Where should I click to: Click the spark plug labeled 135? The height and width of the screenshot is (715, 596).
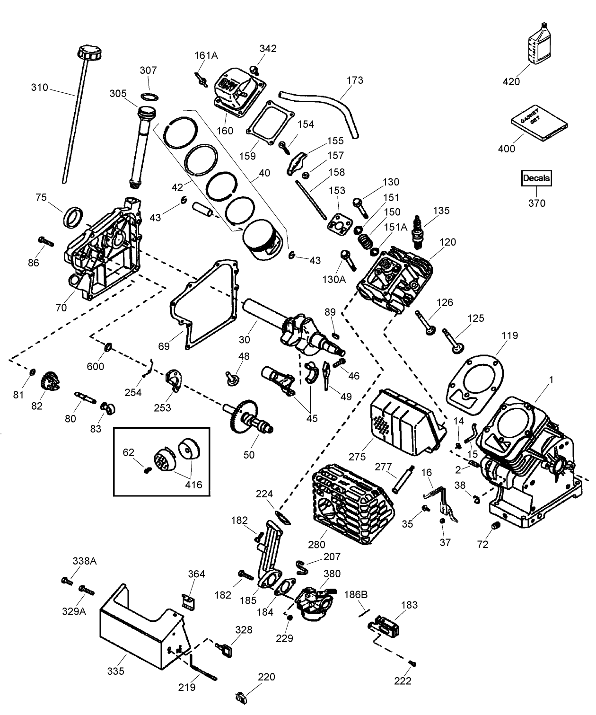tap(418, 232)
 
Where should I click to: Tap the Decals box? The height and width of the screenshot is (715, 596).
tap(536, 178)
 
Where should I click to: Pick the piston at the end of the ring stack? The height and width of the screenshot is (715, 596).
tap(261, 241)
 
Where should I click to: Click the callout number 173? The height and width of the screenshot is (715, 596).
tap(355, 80)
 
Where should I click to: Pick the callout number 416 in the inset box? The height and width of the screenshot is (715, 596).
tap(193, 485)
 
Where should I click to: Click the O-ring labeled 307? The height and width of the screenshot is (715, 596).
tap(150, 97)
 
